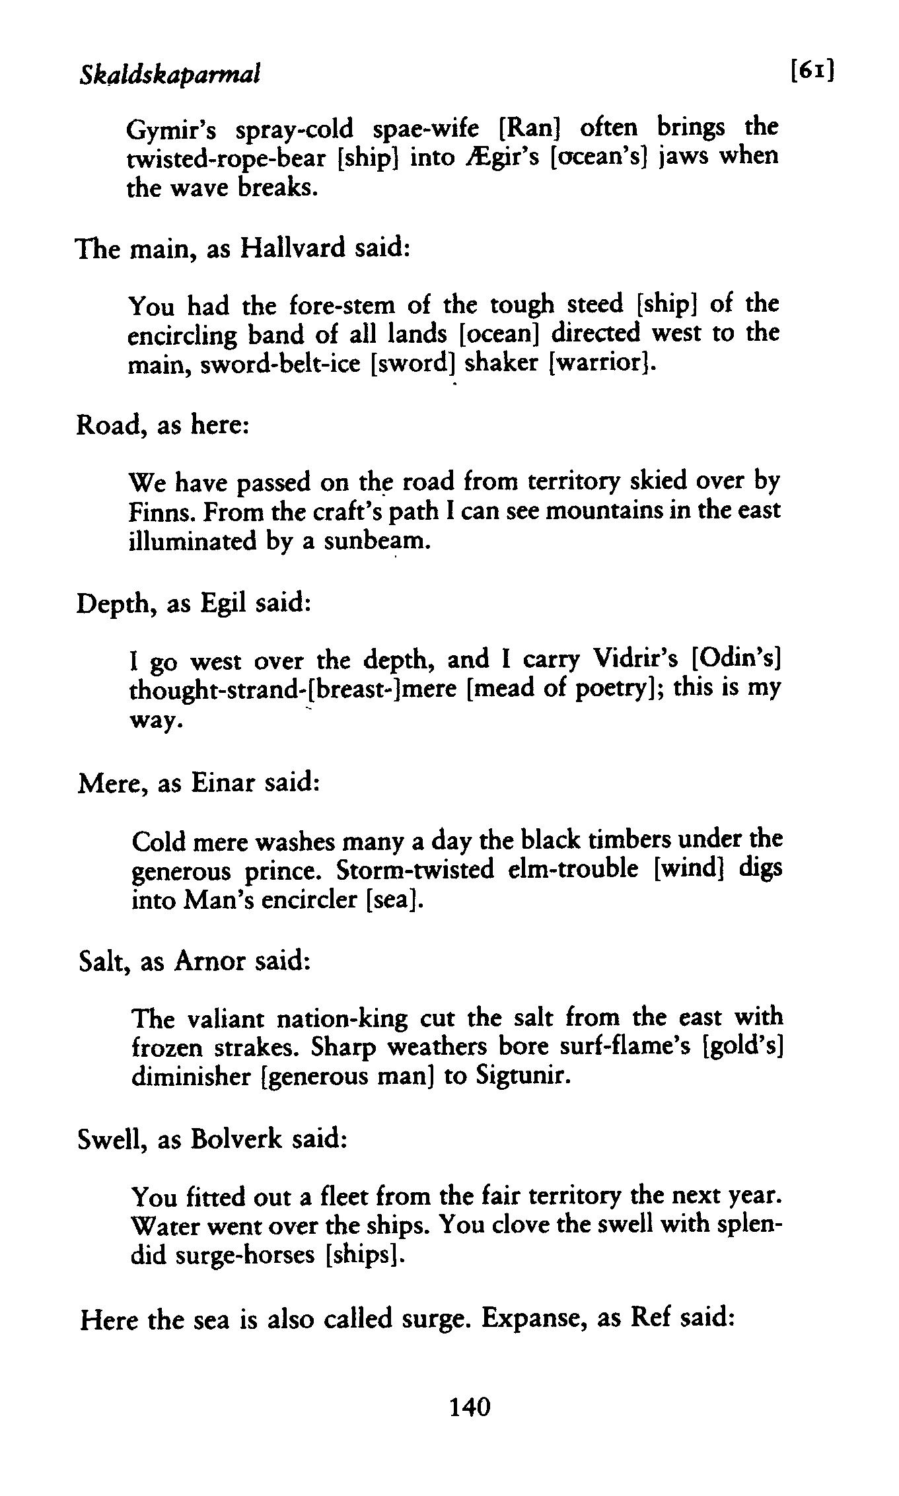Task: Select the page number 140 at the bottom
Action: [x=470, y=1407]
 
